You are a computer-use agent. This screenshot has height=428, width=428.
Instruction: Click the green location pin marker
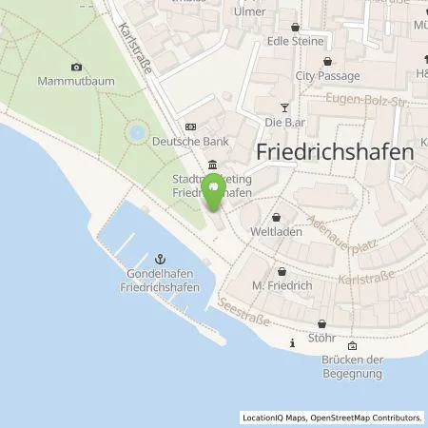click(216, 191)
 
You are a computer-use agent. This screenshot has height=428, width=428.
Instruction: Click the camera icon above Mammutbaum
click(77, 67)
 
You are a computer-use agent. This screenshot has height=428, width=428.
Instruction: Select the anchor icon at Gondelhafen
click(160, 258)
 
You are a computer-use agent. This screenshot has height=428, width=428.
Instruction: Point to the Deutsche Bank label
click(207, 142)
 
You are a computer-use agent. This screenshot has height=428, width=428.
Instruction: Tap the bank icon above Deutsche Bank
click(191, 126)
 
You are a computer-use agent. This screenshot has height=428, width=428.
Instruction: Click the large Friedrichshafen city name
click(336, 152)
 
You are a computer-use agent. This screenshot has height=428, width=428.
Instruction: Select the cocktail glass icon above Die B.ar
click(282, 107)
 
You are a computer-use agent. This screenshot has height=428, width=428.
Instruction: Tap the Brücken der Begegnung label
click(352, 366)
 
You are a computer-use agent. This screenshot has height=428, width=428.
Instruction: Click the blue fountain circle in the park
click(138, 131)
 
